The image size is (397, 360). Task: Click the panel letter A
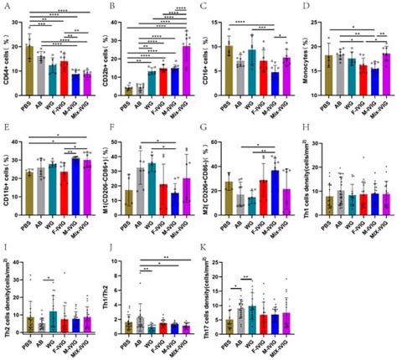[x=7, y=6]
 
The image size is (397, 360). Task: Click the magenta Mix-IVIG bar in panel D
[x=385, y=75]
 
